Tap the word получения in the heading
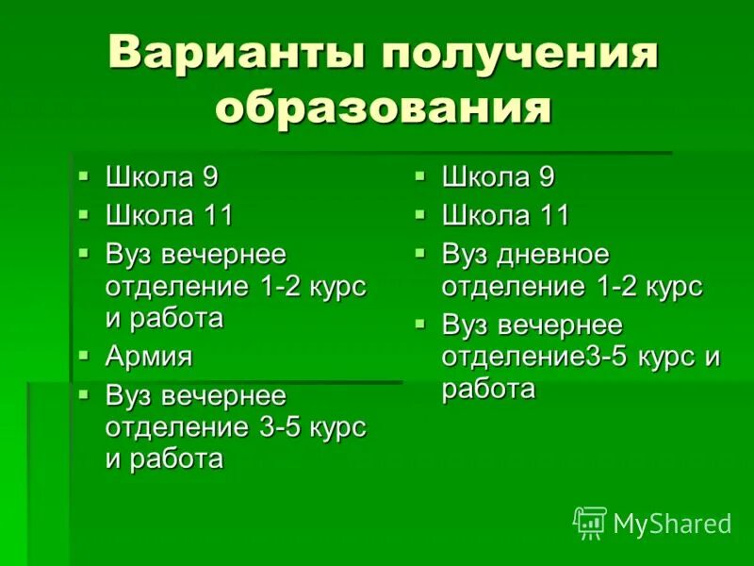tap(519, 55)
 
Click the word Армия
tap(149, 357)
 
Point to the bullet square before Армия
tap(85, 355)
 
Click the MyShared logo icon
tap(590, 522)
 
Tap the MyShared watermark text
tap(672, 524)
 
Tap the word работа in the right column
tap(488, 389)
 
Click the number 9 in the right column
tap(546, 176)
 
